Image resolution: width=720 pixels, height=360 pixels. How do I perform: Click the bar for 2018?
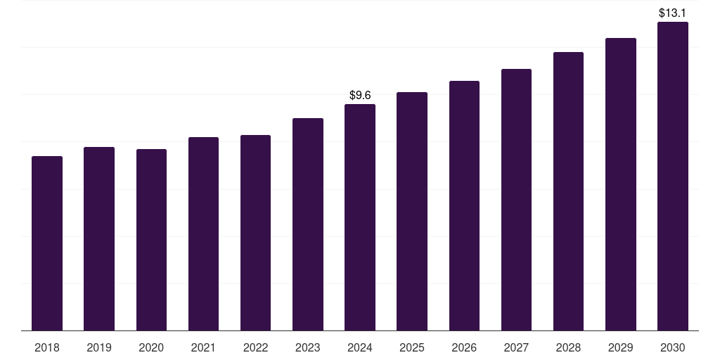pyautogui.click(x=47, y=243)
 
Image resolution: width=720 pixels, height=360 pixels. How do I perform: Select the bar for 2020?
pyautogui.click(x=151, y=240)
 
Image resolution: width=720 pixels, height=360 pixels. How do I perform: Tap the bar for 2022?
pyautogui.click(x=255, y=233)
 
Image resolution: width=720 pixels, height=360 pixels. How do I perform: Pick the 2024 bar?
pyautogui.click(x=360, y=217)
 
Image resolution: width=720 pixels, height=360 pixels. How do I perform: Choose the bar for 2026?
pyautogui.click(x=464, y=205)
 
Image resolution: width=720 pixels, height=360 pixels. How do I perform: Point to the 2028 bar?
pyautogui.click(x=568, y=191)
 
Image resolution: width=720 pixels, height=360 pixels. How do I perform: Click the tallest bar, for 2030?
pyautogui.click(x=673, y=176)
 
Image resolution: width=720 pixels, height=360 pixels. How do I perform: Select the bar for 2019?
pyautogui.click(x=99, y=238)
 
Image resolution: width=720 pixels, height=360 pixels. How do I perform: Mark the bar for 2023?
pyautogui.click(x=308, y=224)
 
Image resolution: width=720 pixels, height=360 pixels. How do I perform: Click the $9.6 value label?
pyautogui.click(x=360, y=95)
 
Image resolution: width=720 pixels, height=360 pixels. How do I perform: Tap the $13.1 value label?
pyautogui.click(x=673, y=13)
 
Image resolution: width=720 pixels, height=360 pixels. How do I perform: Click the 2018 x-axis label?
pyautogui.click(x=47, y=347)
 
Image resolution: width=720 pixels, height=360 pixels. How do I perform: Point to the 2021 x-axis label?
pyautogui.click(x=203, y=347)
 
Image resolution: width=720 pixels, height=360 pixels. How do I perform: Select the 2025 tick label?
pyautogui.click(x=412, y=347)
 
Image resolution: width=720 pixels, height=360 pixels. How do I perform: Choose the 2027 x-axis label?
pyautogui.click(x=516, y=347)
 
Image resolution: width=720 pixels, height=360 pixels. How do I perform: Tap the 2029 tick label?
pyautogui.click(x=620, y=347)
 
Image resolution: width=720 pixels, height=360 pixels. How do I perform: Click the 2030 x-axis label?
pyautogui.click(x=673, y=347)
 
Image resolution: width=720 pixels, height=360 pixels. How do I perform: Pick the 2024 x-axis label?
pyautogui.click(x=360, y=347)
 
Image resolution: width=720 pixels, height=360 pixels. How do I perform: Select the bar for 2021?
pyautogui.click(x=203, y=233)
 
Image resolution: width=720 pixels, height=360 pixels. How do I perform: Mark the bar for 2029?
pyautogui.click(x=620, y=184)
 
